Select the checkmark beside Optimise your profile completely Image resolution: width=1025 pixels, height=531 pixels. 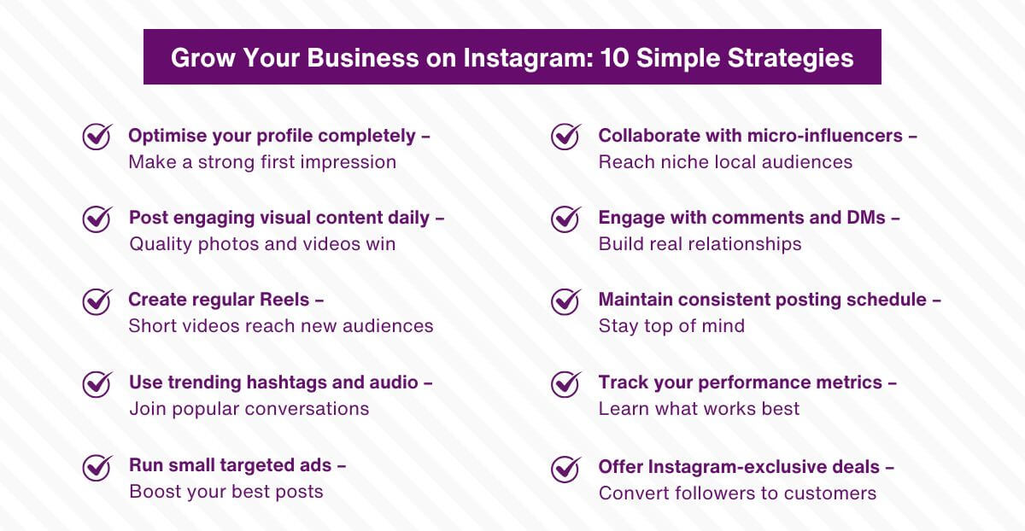[97, 136]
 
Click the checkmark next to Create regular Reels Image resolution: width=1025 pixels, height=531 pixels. [97, 301]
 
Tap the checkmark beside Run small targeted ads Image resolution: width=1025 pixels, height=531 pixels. [97, 466]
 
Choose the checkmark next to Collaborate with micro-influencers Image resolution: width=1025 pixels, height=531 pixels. [566, 136]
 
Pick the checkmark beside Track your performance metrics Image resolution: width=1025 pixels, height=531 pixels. [566, 383]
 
